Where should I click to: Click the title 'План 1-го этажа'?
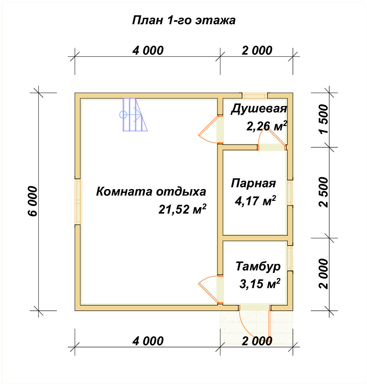point(184,20)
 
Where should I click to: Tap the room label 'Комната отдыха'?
point(151,191)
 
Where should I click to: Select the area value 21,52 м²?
point(182,209)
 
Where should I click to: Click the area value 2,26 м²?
point(266,126)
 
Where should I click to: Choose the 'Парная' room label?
point(253,183)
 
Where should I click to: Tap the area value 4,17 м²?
point(255,201)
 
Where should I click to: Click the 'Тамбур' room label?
point(258,266)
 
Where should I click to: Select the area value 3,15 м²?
point(259,284)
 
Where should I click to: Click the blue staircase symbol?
point(134,115)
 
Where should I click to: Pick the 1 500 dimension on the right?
point(323,119)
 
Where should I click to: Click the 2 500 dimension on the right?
point(323,192)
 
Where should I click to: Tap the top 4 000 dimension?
point(148,50)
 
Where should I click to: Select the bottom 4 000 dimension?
point(148,341)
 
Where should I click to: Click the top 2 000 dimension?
point(257,50)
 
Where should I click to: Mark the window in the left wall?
point(78,201)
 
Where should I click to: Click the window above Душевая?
point(255,95)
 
